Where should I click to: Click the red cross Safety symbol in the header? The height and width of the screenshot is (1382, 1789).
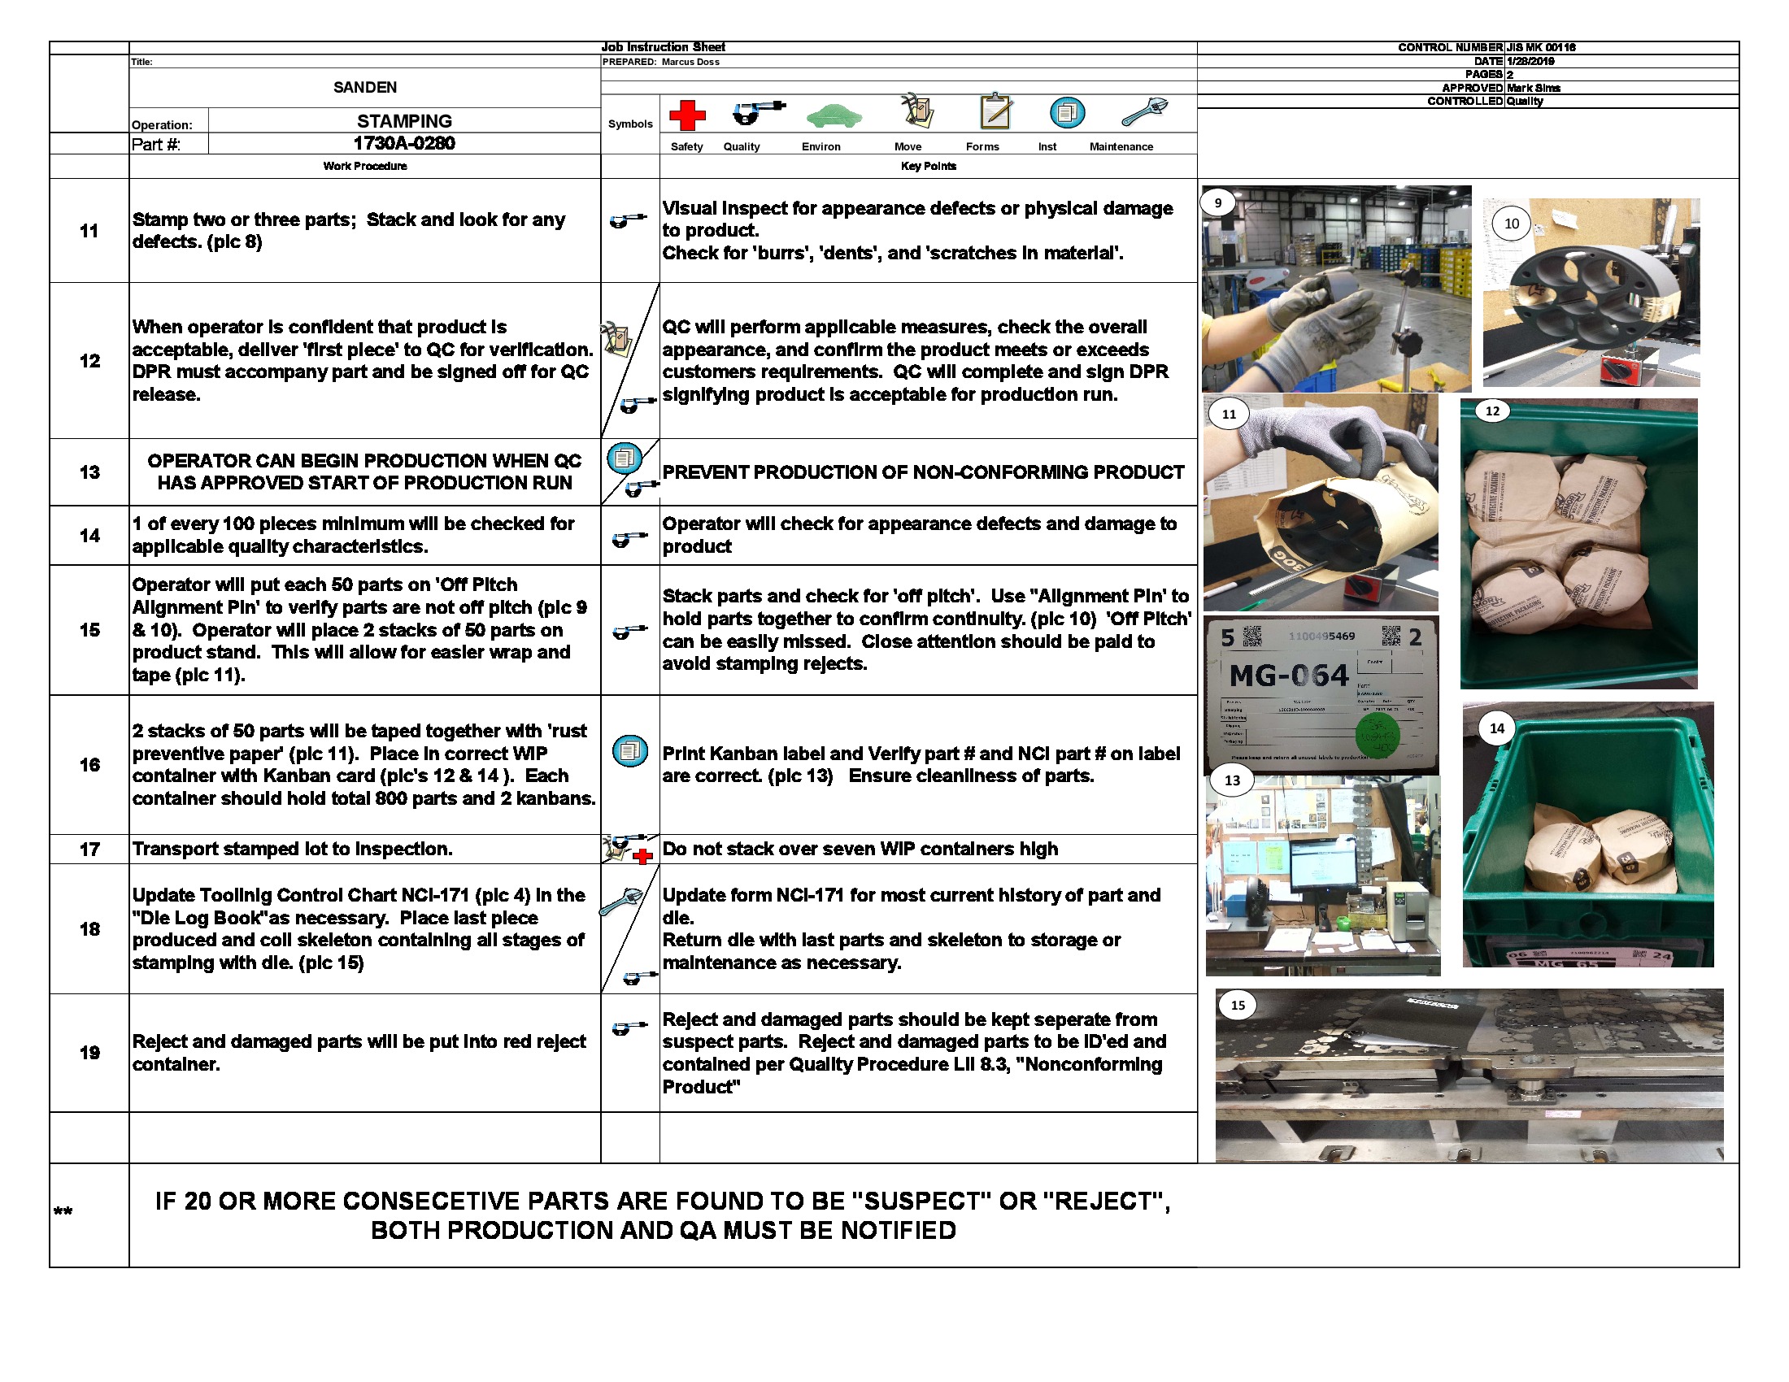[686, 115]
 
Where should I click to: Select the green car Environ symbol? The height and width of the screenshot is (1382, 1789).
[834, 116]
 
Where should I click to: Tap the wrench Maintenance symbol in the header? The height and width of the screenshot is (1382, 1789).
[1143, 111]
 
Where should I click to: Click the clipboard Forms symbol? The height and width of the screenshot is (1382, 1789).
[995, 111]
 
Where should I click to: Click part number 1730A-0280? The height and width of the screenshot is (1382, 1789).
[404, 143]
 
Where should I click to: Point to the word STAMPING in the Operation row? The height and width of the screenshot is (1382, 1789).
[404, 121]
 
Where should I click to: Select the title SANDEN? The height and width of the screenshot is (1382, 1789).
[364, 88]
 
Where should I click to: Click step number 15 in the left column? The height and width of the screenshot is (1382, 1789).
[89, 629]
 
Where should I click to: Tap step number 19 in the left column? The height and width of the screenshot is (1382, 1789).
[89, 1052]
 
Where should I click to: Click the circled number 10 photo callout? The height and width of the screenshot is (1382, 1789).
[1512, 224]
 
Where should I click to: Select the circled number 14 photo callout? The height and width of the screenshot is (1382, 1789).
[1496, 728]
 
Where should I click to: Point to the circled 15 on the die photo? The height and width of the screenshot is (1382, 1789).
[1238, 1005]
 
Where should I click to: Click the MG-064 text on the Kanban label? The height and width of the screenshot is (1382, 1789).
[1288, 676]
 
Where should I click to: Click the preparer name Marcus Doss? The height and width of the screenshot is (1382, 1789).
[690, 63]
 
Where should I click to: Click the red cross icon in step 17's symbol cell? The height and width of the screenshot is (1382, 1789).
[643, 856]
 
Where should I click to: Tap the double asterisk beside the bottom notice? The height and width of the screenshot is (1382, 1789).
[63, 1212]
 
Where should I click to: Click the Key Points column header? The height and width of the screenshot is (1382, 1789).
[927, 166]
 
